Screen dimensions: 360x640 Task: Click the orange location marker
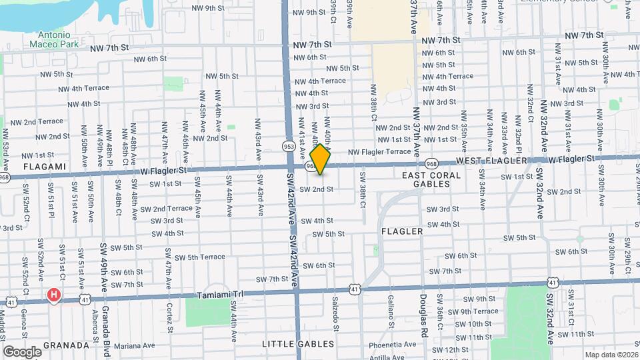coord(321,159)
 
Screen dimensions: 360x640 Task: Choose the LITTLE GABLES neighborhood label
coord(298,344)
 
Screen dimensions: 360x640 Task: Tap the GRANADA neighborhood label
coord(65,345)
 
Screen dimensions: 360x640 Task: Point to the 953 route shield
coord(289,146)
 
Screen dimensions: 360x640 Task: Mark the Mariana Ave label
coord(134,345)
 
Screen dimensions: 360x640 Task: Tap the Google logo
coord(22,351)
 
